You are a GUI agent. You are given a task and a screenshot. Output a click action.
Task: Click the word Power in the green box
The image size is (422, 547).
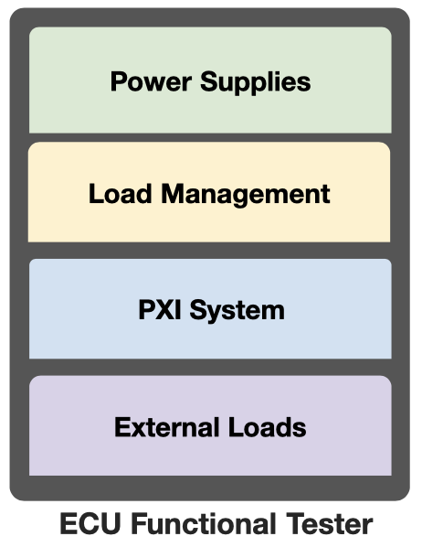pos(151,81)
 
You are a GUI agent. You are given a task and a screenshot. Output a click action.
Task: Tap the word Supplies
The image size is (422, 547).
pos(255,82)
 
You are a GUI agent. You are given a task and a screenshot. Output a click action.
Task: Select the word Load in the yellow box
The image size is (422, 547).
pos(121,194)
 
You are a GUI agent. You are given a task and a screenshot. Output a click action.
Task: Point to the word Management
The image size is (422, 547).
pos(246,195)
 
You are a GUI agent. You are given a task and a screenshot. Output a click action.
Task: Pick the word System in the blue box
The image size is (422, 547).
pos(237,310)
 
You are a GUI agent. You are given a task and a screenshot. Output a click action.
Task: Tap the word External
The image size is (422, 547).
pos(169,426)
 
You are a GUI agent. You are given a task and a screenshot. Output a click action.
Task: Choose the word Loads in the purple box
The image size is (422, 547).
pos(268,426)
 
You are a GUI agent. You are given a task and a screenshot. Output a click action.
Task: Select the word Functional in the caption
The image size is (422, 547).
pos(203,523)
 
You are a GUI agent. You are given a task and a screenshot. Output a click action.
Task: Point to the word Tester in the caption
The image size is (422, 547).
pos(330,523)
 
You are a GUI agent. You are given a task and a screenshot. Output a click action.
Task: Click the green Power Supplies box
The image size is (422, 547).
pos(210,80)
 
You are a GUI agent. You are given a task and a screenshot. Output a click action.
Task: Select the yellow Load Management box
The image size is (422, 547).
pos(209,192)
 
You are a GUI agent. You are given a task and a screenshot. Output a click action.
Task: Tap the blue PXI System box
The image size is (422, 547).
pos(210,309)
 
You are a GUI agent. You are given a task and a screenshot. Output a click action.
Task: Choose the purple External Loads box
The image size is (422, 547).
pos(210,425)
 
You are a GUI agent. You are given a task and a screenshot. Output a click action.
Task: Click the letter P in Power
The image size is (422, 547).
pos(119,81)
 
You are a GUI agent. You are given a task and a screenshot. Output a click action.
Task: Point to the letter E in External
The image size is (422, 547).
pos(122,426)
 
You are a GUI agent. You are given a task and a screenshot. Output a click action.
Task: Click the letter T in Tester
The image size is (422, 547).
pos(295,523)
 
